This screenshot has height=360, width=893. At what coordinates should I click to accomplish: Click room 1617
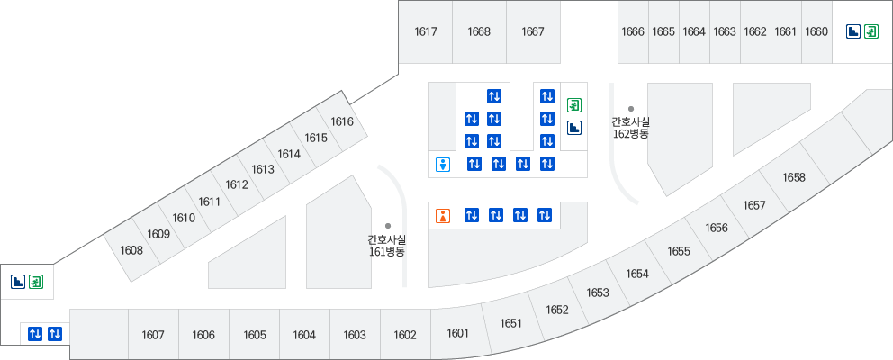426,32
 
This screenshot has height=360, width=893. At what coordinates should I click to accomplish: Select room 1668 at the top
479,32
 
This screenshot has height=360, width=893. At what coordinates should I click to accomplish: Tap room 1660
816,32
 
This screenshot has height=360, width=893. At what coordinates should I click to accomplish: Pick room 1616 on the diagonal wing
342,121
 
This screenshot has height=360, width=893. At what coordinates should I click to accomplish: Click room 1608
131,250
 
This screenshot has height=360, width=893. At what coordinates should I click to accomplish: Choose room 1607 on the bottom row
153,335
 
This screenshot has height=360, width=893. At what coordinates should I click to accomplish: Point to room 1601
458,333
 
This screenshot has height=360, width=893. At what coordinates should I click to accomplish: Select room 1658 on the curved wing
794,177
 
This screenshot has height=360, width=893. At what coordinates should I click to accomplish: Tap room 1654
637,274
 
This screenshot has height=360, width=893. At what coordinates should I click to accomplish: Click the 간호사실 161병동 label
387,246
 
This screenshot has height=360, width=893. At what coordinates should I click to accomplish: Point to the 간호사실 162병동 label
630,127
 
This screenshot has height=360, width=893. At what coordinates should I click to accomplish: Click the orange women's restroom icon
442,215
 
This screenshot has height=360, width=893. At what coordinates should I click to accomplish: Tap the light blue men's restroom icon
442,164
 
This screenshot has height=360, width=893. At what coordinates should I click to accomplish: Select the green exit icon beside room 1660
870,31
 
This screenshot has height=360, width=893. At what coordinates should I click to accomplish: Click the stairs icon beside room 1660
852,31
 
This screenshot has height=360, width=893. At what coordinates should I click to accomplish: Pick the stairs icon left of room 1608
17,282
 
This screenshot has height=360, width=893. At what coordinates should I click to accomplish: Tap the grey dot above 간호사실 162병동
631,108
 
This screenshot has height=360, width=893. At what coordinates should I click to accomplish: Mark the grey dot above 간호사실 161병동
388,226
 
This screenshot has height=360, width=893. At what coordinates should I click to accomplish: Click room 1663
725,32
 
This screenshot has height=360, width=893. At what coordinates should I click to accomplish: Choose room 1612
237,184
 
